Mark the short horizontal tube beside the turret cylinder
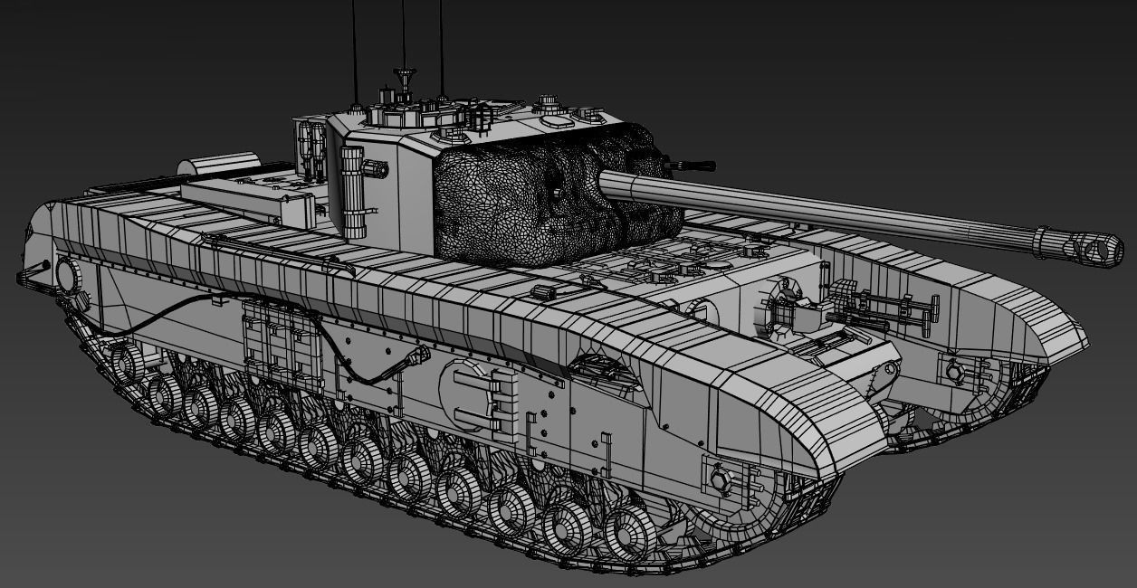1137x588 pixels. [375, 168]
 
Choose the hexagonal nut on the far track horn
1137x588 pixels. [954, 370]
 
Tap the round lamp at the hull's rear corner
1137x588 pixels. [69, 273]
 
